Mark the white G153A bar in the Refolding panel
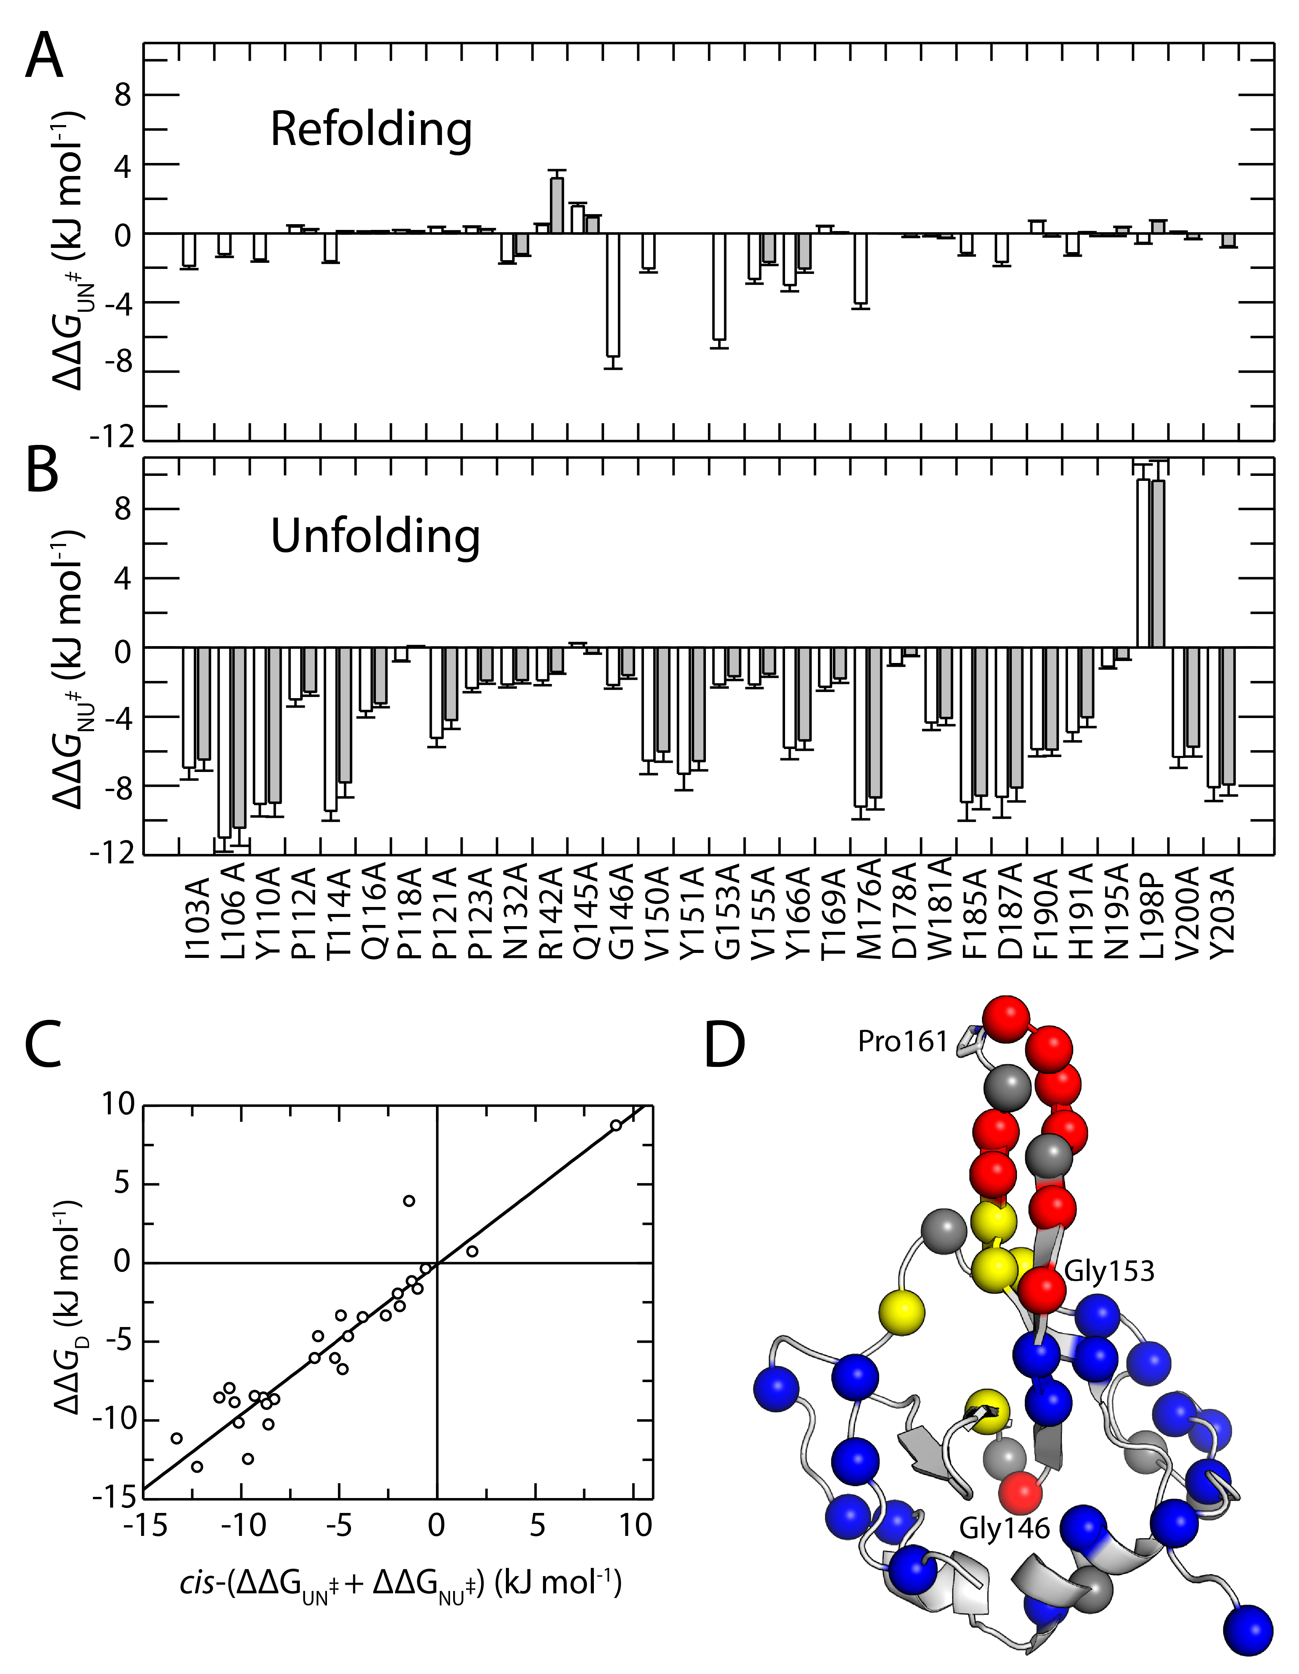pos(719,286)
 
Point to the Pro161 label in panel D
pos(903,1041)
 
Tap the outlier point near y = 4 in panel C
pos(409,1200)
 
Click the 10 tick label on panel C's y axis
pos(118,1104)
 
